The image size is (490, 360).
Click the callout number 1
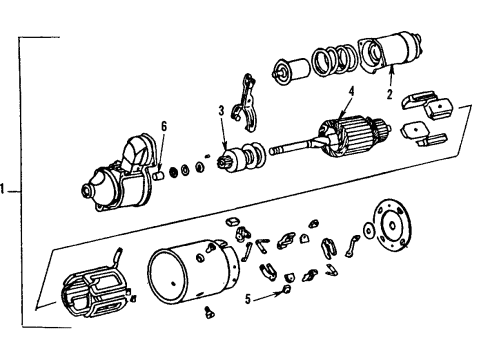coord(6,187)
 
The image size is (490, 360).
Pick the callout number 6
coord(163,127)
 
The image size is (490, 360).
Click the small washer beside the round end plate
coord(372,257)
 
